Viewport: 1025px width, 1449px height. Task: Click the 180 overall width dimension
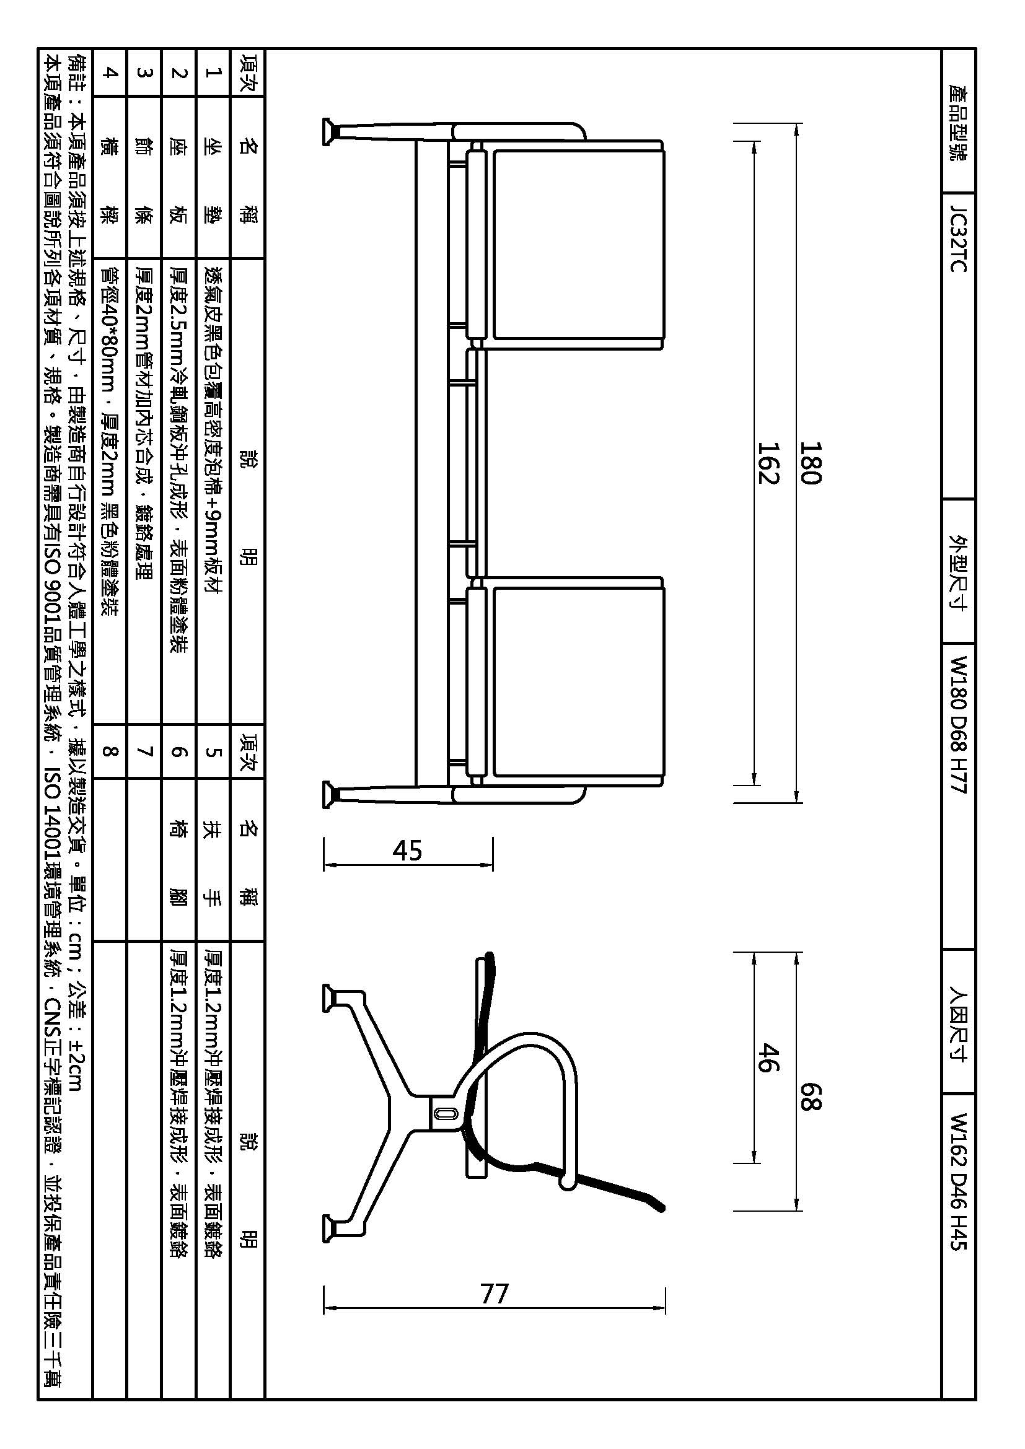coord(811,462)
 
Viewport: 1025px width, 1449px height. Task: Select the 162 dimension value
coord(768,462)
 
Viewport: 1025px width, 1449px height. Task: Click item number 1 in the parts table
coord(213,72)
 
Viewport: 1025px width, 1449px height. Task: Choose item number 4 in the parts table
coord(110,72)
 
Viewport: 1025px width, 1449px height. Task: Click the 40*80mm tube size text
coord(110,329)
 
